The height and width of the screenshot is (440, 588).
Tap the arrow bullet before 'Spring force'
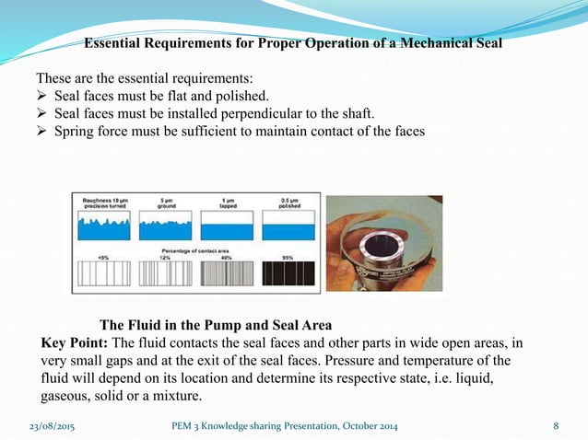click(x=42, y=130)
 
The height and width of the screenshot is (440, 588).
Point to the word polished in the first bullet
click(x=241, y=95)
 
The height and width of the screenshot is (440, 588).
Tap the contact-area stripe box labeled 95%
click(x=288, y=273)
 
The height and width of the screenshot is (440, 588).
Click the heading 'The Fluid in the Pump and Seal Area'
click(x=215, y=325)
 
